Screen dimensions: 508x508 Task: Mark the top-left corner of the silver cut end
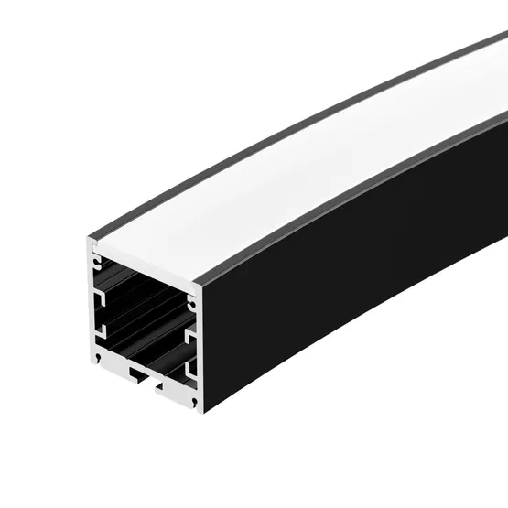(x=90, y=241)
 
